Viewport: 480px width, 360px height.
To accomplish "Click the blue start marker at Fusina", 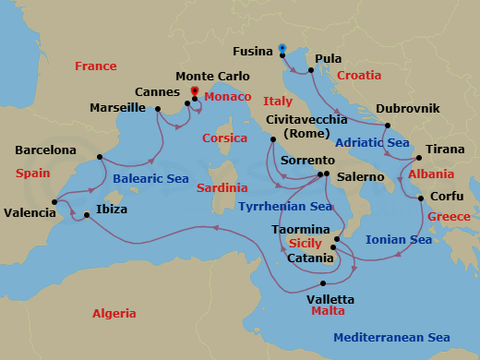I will click(282, 48).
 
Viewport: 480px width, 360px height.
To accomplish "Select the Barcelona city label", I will click(46, 150).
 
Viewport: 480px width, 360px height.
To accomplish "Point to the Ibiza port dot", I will click(87, 216).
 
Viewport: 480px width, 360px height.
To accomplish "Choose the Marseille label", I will click(117, 108).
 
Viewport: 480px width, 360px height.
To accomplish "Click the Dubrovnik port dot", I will click(388, 126).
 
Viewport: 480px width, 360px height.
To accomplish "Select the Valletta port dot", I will click(323, 283).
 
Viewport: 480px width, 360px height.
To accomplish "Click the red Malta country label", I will click(329, 313).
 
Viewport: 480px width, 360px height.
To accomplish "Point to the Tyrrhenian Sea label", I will click(285, 206).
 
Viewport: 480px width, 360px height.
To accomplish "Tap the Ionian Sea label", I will click(399, 239).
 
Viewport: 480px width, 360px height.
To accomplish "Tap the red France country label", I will click(96, 66).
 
